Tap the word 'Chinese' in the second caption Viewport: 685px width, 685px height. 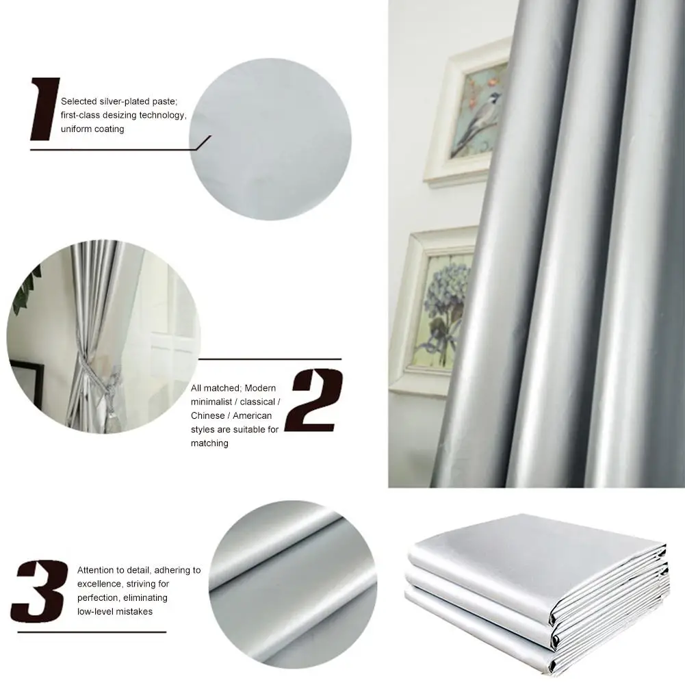tap(207, 415)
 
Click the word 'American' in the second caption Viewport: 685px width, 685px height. tap(251, 415)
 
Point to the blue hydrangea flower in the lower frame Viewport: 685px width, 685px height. tap(445, 294)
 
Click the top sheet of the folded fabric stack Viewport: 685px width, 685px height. tap(534, 547)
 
